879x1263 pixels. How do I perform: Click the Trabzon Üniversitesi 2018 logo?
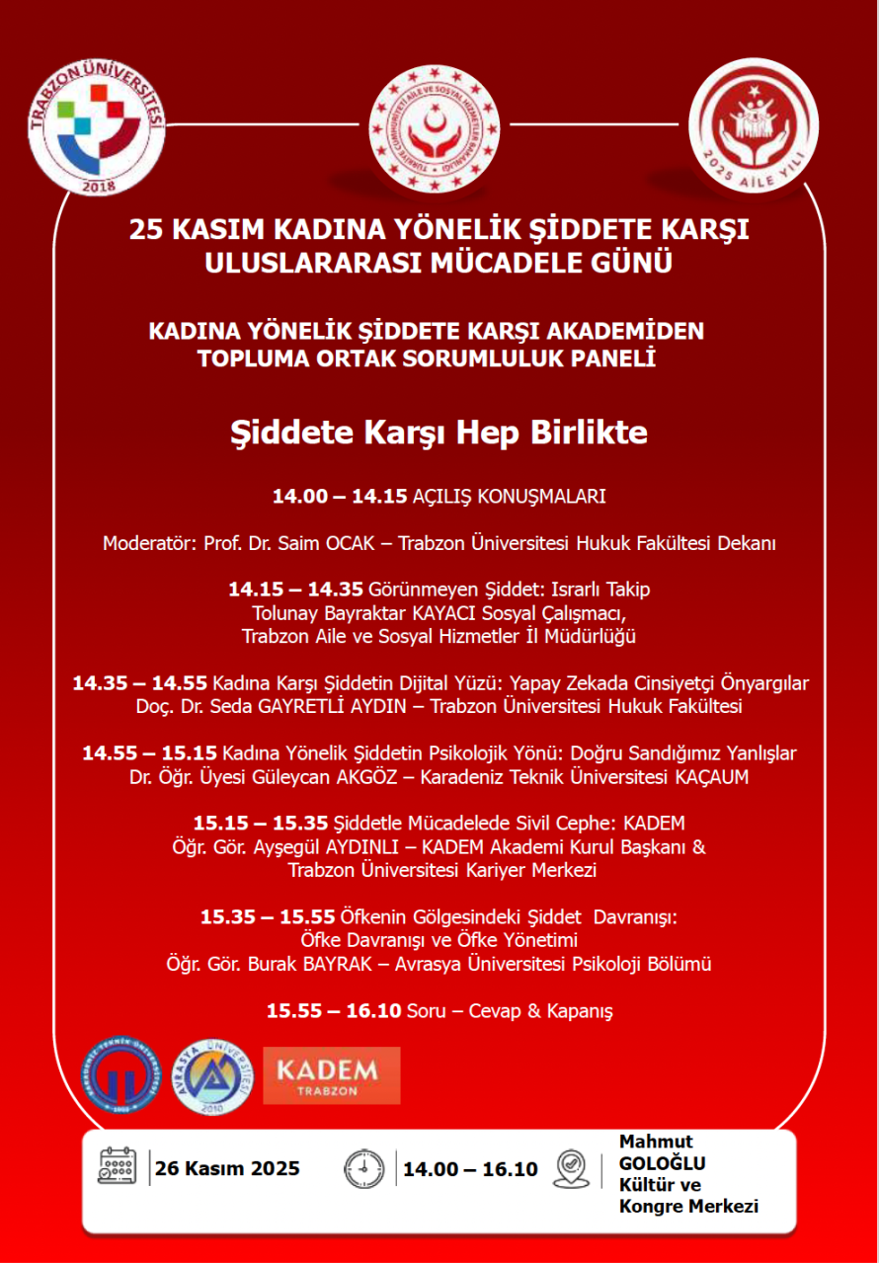point(96,126)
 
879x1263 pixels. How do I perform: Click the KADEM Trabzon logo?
point(331,1074)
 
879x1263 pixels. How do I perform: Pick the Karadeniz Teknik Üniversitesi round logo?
point(119,1075)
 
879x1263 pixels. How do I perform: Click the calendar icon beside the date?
point(118,1168)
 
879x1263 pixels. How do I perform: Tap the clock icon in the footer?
point(363,1169)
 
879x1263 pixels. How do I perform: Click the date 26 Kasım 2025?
point(228,1169)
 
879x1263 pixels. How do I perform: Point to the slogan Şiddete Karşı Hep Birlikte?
point(439,433)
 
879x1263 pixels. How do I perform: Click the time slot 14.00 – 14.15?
point(340,497)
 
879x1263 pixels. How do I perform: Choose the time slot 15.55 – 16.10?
point(334,1010)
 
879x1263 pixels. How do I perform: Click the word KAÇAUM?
point(711,777)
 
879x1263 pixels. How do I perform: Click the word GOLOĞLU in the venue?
point(662,1163)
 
